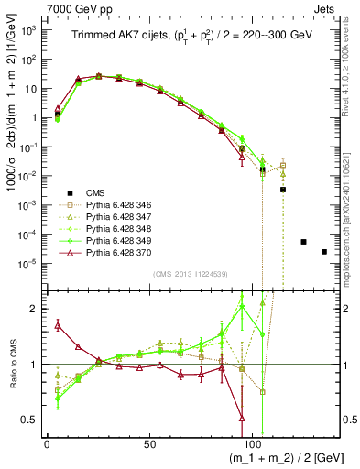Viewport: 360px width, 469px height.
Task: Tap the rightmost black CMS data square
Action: tap(324, 252)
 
